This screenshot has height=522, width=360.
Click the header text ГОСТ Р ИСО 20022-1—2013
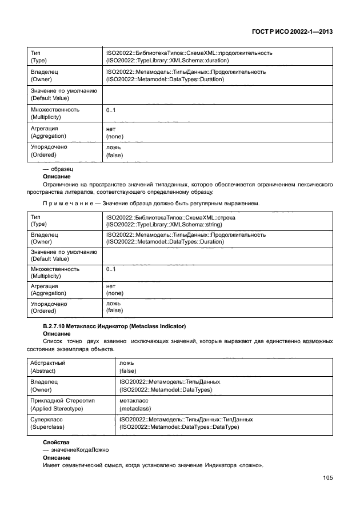[x=292, y=33]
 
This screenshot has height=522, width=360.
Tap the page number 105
[x=327, y=477]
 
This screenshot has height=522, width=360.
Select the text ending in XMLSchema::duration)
[x=167, y=60]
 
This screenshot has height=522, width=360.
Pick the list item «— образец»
[x=58, y=169]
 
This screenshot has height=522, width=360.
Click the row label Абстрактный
[x=47, y=362]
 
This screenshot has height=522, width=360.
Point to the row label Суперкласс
[x=46, y=419]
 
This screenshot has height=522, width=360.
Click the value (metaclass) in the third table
[x=134, y=408]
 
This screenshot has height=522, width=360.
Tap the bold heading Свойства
[x=56, y=443]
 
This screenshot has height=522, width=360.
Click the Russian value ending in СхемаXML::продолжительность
[x=189, y=53]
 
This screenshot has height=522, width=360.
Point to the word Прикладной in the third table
[x=48, y=401]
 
